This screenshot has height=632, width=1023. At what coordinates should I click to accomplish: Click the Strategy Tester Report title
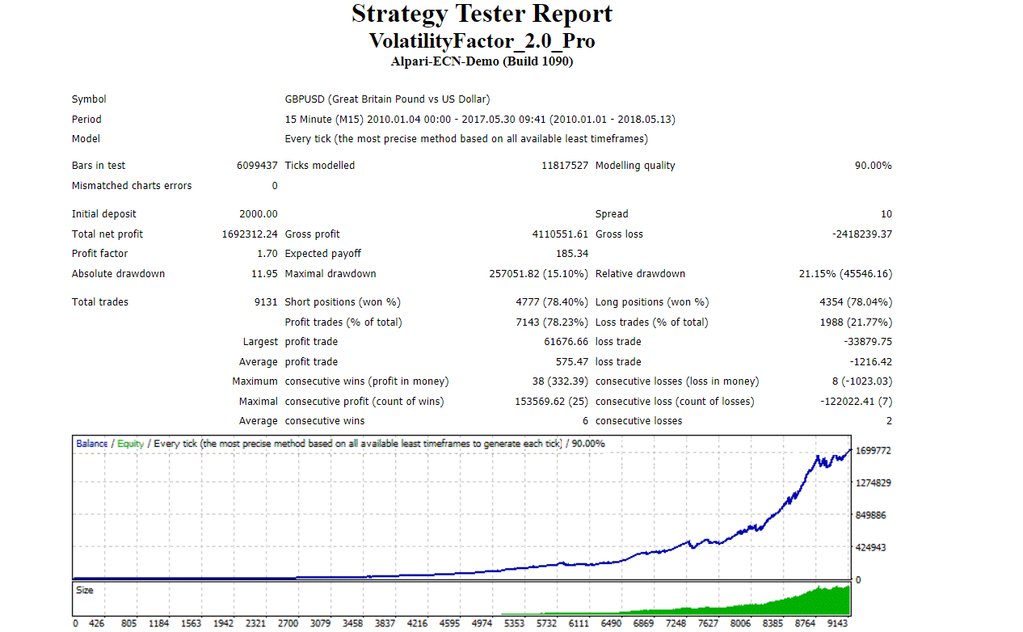tap(482, 14)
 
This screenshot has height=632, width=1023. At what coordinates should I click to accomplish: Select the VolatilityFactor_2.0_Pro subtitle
tap(482, 40)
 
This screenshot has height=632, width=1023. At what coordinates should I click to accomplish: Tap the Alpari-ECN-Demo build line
tap(482, 61)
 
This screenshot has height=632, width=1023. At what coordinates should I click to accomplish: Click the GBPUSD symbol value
tap(387, 99)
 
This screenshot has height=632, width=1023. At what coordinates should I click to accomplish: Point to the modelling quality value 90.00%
tap(874, 166)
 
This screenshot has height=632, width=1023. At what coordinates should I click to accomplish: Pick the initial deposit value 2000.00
tap(259, 214)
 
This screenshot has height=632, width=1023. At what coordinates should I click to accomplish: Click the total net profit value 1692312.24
tap(250, 234)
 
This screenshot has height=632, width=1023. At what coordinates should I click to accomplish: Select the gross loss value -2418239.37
tap(862, 234)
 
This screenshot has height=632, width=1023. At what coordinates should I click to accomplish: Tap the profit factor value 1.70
tap(267, 254)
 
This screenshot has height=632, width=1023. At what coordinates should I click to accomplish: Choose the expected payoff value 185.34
tap(572, 254)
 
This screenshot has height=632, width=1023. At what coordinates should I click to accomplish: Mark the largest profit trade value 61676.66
tap(566, 342)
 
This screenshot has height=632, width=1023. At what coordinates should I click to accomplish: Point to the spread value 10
tap(886, 214)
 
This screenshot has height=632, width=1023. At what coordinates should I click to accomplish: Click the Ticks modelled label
tap(320, 166)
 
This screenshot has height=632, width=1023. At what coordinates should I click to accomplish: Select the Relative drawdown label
tap(640, 274)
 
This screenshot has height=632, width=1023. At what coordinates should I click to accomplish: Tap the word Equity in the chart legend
tap(130, 444)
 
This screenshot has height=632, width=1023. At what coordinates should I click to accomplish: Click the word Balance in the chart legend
tap(91, 444)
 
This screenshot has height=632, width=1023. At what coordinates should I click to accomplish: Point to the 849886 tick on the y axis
tap(872, 515)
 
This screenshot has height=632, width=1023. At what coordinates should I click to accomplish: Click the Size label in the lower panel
tap(85, 591)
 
